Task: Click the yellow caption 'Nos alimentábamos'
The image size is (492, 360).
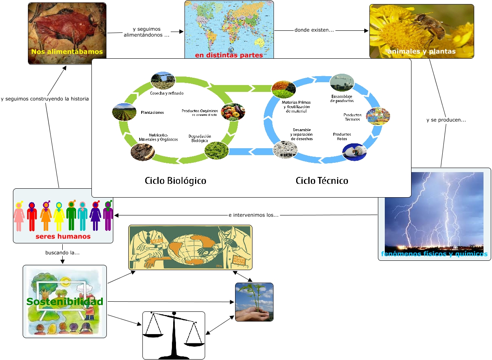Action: pyautogui.click(x=67, y=52)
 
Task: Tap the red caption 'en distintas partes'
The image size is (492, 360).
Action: pyautogui.click(x=229, y=55)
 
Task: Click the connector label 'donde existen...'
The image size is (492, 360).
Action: pyautogui.click(x=314, y=30)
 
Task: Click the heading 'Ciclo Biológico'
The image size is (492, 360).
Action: pyautogui.click(x=176, y=181)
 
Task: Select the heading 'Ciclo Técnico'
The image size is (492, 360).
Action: pyautogui.click(x=322, y=181)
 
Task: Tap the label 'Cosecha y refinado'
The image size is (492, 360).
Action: pyautogui.click(x=166, y=93)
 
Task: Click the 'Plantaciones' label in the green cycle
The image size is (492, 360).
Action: pyautogui.click(x=153, y=112)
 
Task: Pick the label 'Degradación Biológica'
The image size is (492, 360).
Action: pyautogui.click(x=200, y=138)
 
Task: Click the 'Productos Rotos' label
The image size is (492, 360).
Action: pyautogui.click(x=342, y=136)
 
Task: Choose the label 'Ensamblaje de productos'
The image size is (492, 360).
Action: pyautogui.click(x=342, y=98)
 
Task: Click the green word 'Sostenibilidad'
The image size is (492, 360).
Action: pyautogui.click(x=65, y=302)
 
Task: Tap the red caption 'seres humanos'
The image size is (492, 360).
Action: pyautogui.click(x=63, y=236)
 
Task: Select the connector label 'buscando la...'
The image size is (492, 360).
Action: pyautogui.click(x=62, y=253)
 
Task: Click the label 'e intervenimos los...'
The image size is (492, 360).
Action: pyautogui.click(x=253, y=215)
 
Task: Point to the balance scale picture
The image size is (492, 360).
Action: pyautogui.click(x=174, y=335)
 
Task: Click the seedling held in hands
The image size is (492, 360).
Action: pyautogui.click(x=254, y=302)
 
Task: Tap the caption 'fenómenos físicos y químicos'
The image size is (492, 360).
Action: pyautogui.click(x=434, y=254)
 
